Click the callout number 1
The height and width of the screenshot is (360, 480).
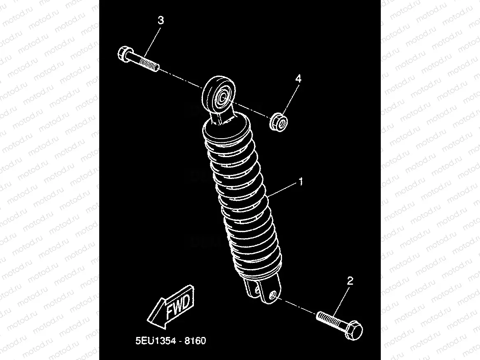click(301, 181)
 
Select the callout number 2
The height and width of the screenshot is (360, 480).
click(350, 281)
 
